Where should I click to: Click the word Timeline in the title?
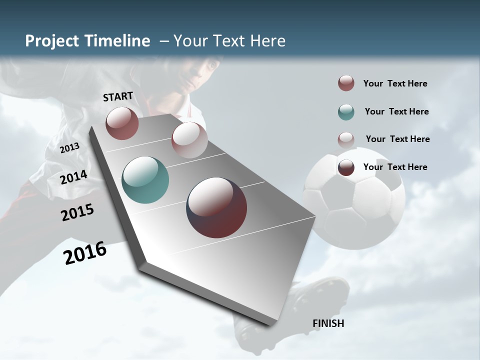coord(117,41)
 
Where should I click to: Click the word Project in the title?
coord(52,41)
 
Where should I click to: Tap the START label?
coord(118,96)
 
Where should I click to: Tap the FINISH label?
coord(328,323)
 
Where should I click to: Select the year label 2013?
coord(69,148)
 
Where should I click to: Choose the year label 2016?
coord(85,253)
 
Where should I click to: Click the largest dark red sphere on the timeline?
coord(216,207)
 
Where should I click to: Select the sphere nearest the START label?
coord(122,123)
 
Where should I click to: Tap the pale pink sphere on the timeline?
coord(189,140)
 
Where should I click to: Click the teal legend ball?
coord(346,112)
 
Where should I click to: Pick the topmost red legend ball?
coord(346,83)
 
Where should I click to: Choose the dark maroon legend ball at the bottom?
coord(346,167)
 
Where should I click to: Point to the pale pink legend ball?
coord(346,139)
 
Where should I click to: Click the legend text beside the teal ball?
coord(396,111)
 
